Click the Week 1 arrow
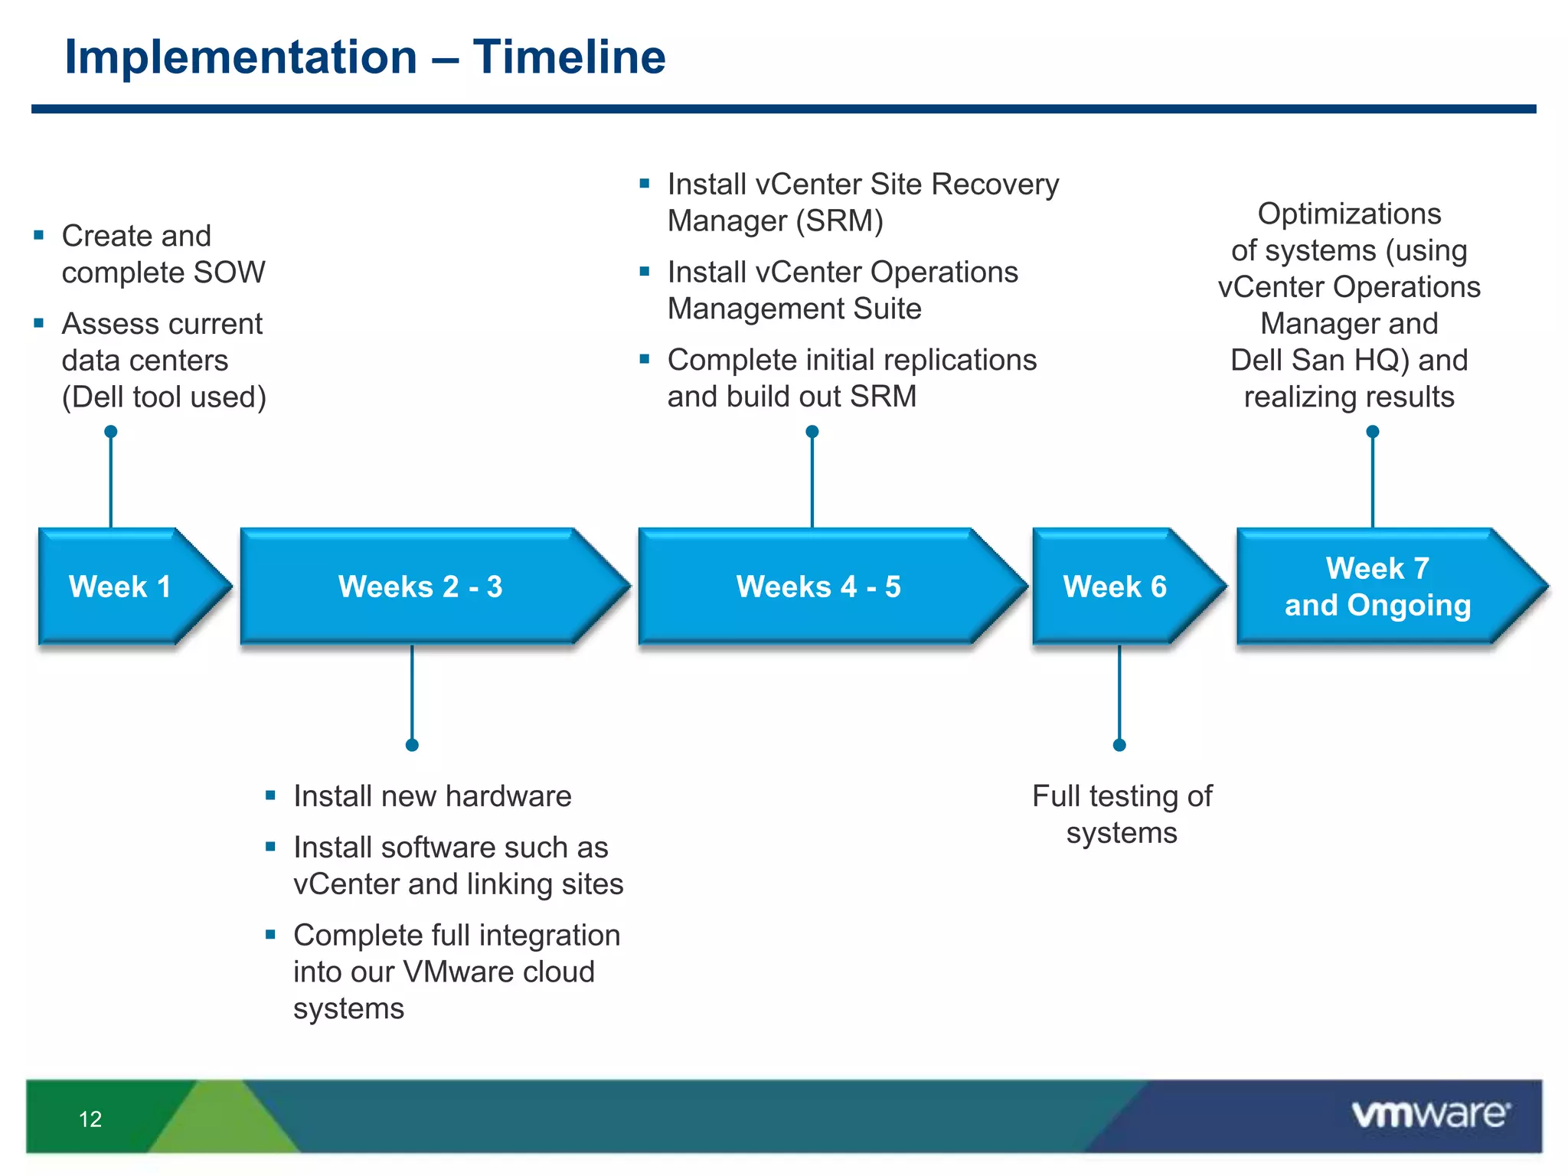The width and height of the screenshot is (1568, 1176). (x=121, y=586)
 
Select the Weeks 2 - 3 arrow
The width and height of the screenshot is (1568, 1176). (x=420, y=586)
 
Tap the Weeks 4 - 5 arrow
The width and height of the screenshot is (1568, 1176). (x=818, y=586)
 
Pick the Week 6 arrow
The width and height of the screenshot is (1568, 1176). (x=1115, y=586)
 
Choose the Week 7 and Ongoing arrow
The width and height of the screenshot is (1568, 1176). (x=1377, y=586)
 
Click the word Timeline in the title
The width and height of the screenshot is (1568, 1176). (x=569, y=57)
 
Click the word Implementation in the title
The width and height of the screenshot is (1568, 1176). (x=241, y=57)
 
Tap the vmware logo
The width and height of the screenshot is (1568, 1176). (x=1430, y=1114)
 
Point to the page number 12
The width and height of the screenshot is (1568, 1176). (x=90, y=1119)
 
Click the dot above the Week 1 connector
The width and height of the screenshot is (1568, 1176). (x=111, y=432)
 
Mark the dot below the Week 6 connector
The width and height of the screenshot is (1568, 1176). (x=1119, y=745)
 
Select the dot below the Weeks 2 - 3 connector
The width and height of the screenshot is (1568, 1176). (x=412, y=745)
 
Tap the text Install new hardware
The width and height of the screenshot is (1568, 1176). (x=432, y=796)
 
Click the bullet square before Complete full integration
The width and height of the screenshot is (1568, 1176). (x=270, y=934)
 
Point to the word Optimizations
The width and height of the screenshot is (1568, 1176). (x=1349, y=214)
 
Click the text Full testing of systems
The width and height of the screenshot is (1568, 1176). (x=1122, y=814)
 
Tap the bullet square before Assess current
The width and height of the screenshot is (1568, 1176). (x=39, y=323)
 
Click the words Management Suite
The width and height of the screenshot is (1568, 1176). (x=794, y=309)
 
